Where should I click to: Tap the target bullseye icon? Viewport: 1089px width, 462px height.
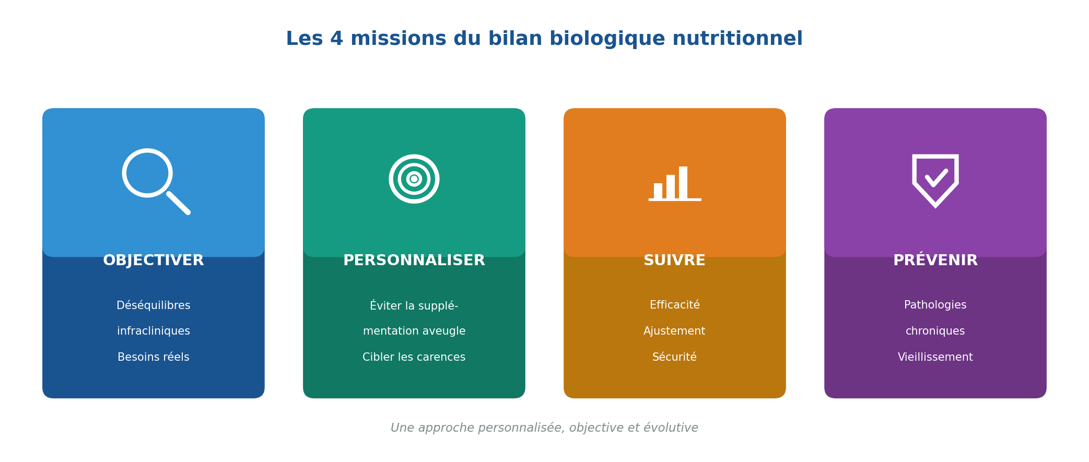tap(414, 179)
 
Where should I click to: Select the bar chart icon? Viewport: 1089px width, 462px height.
tap(674, 184)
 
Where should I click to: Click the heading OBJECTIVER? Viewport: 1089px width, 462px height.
tap(154, 260)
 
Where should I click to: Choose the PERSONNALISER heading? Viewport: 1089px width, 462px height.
tap(414, 260)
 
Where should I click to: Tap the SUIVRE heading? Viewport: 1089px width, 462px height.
tap(674, 260)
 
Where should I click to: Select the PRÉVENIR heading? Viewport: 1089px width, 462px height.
tap(935, 260)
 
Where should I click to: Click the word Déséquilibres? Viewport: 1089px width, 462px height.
tap(154, 305)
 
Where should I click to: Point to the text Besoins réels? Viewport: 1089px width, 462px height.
tap(154, 358)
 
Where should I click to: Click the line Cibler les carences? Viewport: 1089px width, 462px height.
tap(414, 358)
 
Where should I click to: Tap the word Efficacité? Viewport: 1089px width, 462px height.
tap(674, 305)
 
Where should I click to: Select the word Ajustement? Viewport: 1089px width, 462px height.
tap(674, 331)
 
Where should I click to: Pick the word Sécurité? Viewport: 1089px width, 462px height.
tap(674, 358)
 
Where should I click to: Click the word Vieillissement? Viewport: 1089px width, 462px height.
tap(935, 358)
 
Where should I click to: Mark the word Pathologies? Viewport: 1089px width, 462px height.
tap(935, 305)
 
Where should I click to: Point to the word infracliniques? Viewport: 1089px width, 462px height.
tap(154, 331)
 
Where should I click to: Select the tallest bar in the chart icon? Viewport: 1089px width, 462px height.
tap(683, 182)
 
